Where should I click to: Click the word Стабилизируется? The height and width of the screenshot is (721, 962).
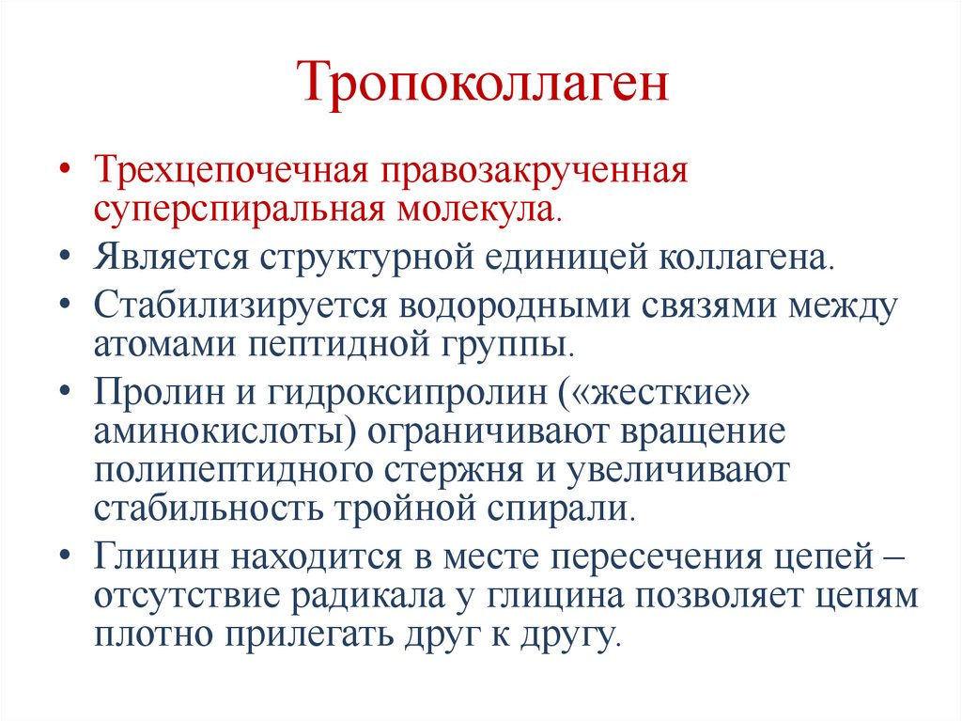[x=240, y=306]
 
